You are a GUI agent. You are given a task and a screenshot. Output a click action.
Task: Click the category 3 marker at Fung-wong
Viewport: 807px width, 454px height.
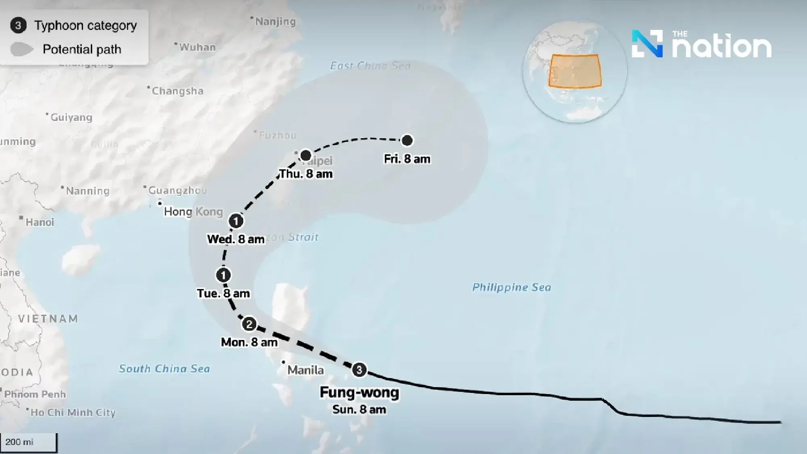(x=359, y=370)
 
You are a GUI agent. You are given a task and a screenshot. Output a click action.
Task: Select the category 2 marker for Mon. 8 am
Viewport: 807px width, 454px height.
(x=249, y=324)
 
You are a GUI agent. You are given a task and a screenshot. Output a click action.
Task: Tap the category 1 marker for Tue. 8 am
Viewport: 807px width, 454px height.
(x=223, y=275)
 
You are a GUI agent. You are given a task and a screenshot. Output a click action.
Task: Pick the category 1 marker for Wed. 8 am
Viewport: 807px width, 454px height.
(x=236, y=221)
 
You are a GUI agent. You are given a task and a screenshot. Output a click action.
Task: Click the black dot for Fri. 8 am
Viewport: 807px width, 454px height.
(x=407, y=140)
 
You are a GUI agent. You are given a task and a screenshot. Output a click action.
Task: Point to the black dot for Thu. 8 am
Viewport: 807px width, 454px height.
(x=306, y=155)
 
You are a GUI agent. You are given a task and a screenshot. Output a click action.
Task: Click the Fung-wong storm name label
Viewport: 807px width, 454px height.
(x=359, y=392)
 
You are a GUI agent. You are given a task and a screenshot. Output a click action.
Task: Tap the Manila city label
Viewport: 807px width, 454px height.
(x=305, y=370)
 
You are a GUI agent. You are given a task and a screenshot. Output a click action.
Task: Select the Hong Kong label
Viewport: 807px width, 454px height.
(x=193, y=211)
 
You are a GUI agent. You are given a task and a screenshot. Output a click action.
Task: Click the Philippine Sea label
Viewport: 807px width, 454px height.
(x=511, y=287)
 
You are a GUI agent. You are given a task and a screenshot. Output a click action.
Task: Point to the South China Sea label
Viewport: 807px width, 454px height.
(x=164, y=368)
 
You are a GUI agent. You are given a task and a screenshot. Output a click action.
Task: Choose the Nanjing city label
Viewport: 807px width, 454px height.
(x=275, y=21)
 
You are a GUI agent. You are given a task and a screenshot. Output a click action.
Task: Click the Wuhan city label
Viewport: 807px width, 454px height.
(x=197, y=47)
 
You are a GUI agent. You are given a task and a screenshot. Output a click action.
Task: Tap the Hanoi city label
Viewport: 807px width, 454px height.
(x=40, y=222)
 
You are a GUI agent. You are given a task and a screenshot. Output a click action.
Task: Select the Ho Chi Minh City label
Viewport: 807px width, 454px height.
(x=73, y=412)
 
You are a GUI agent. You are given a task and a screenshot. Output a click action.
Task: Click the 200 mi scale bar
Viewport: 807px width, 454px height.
(x=28, y=442)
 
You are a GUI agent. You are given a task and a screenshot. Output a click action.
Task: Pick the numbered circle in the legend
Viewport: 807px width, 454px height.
(x=18, y=25)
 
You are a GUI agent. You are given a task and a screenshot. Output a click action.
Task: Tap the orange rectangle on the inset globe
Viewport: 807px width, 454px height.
(x=575, y=71)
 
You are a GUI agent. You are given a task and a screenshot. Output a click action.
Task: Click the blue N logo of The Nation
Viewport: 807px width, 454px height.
(x=647, y=44)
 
